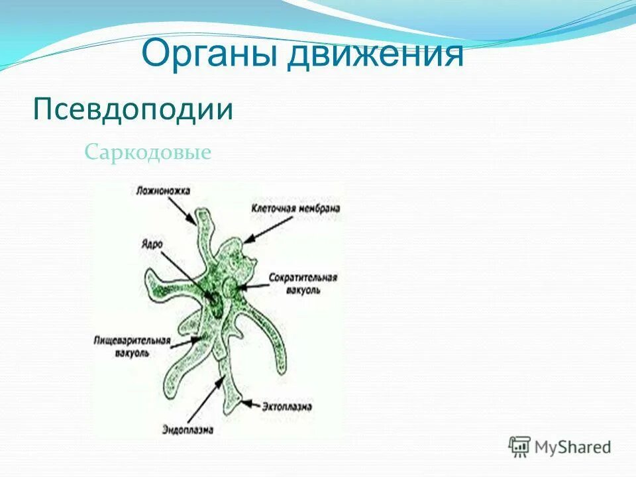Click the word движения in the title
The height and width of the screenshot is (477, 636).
pos(374,54)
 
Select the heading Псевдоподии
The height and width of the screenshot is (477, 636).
pos(133,109)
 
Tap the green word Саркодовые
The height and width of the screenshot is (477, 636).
pos(148,153)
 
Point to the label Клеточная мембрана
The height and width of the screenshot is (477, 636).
pos(295,208)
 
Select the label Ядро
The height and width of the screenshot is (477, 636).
pos(151,243)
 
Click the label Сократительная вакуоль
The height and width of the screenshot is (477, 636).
pos(303,284)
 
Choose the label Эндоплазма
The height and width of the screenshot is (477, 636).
pos(188,429)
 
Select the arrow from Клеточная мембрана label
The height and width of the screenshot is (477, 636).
pos(268,229)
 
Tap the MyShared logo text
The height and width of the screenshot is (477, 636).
pos(573,447)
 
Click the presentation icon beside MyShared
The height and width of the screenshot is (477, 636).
pos(519,447)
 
